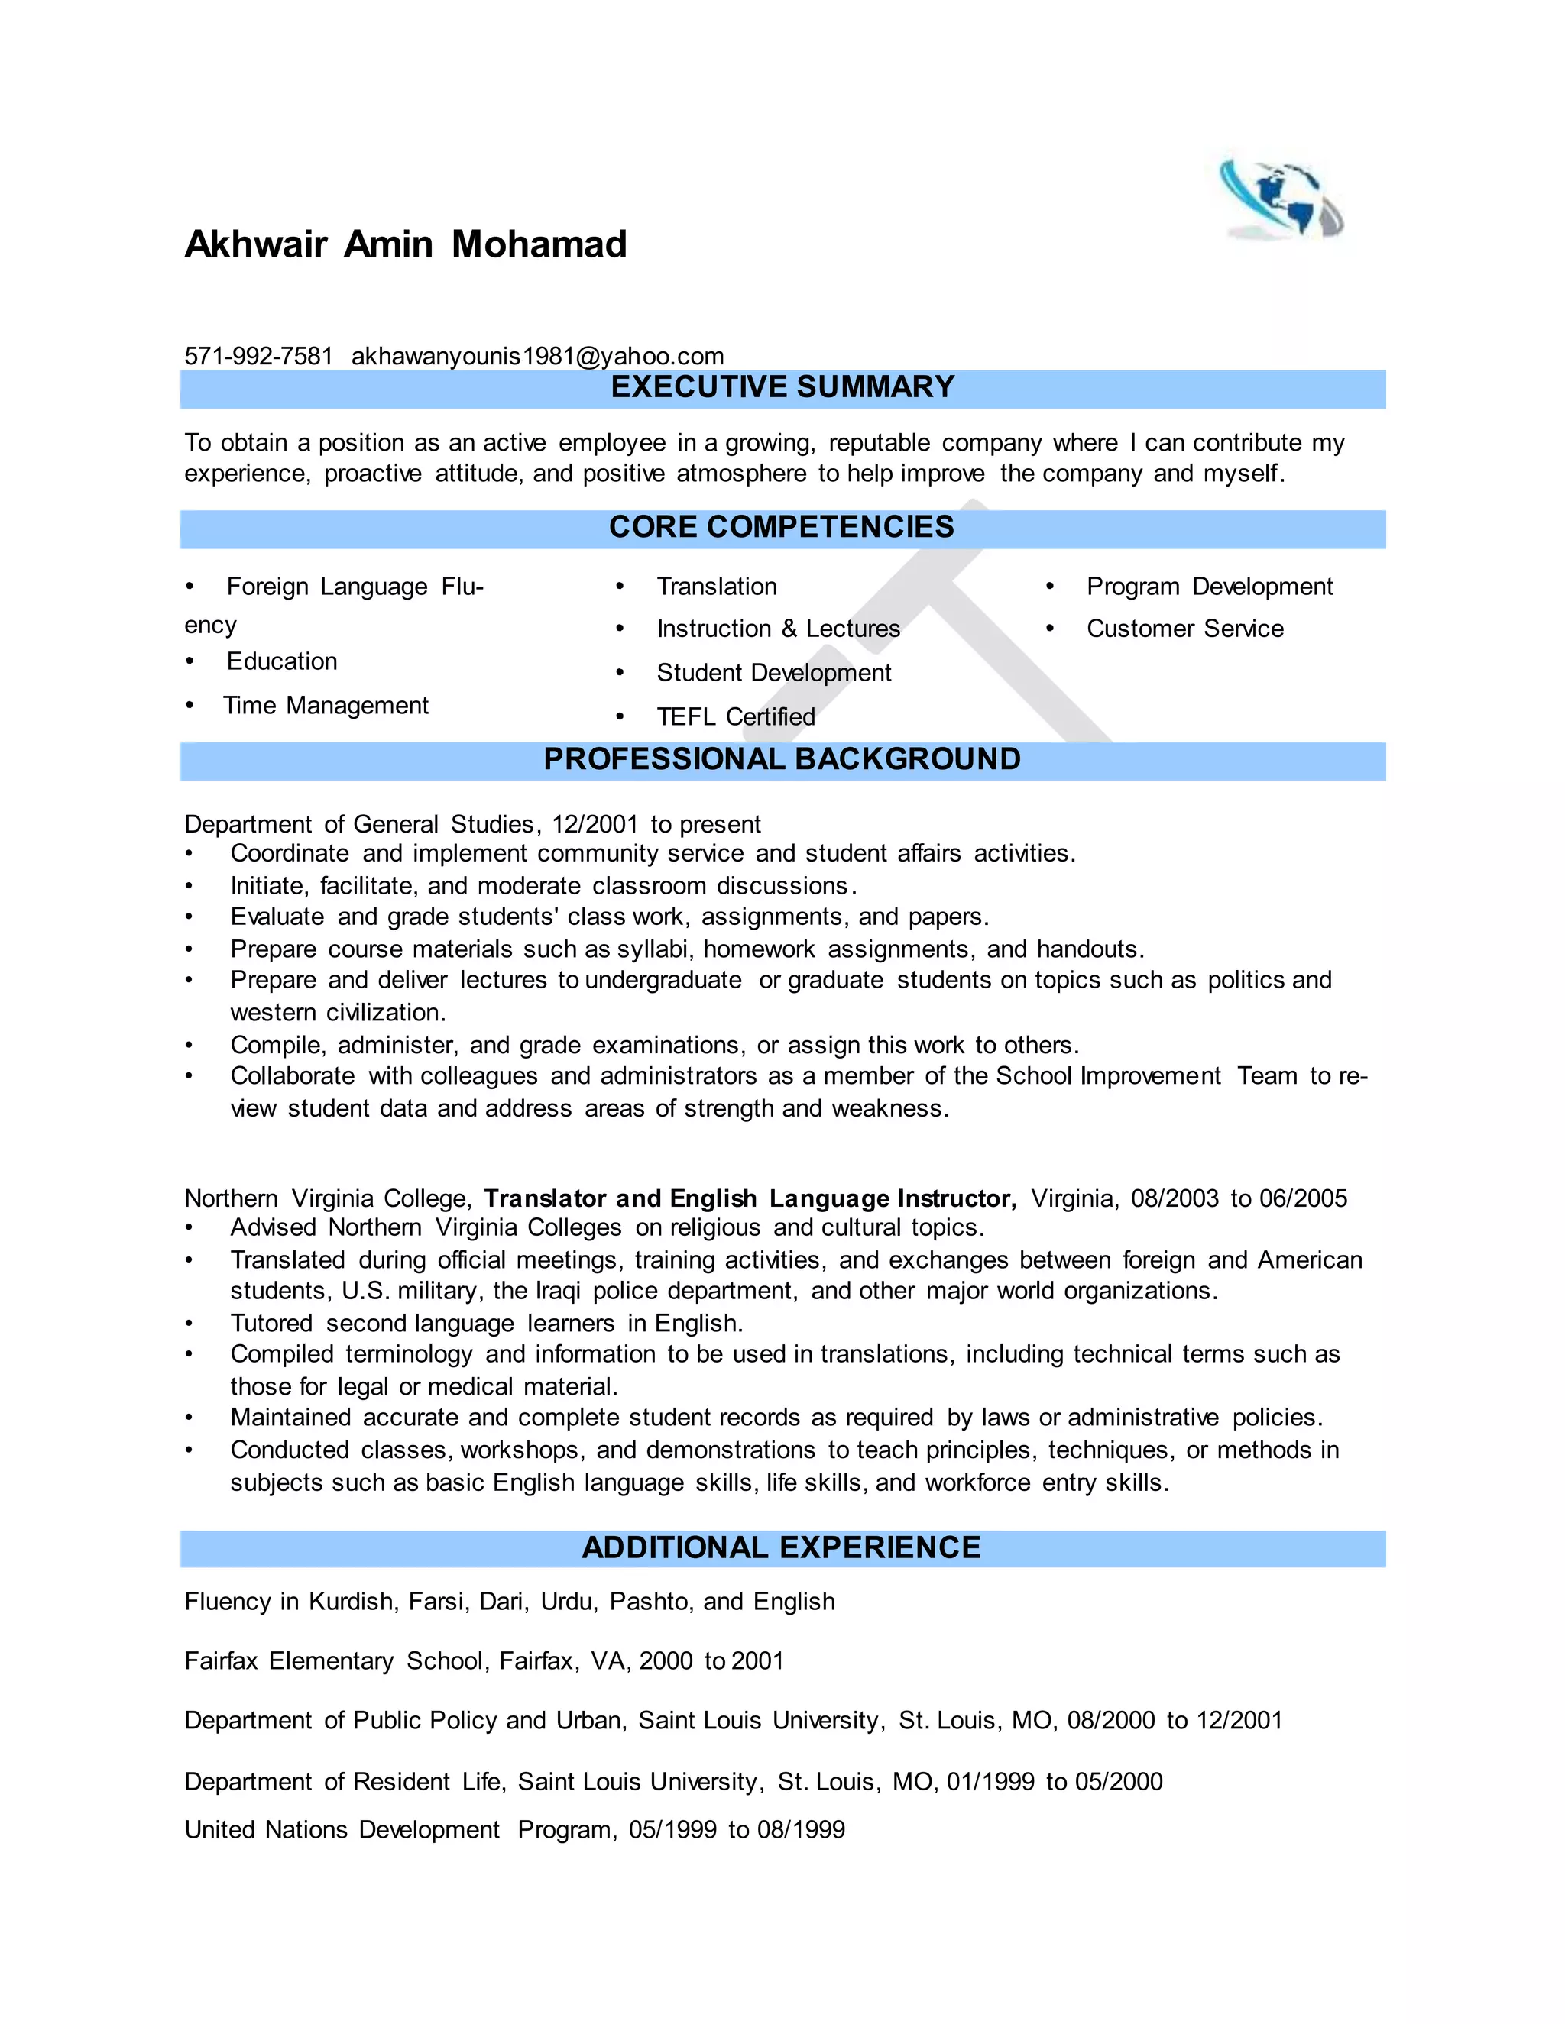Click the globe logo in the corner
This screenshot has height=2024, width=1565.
(1281, 199)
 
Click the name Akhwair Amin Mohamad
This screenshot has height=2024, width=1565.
(406, 244)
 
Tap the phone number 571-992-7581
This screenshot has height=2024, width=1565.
(259, 356)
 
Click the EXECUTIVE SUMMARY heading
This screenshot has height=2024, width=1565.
(782, 387)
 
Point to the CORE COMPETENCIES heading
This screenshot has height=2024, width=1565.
(782, 527)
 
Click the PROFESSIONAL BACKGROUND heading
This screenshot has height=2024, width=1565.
(782, 760)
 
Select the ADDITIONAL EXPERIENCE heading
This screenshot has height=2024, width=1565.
(782, 1547)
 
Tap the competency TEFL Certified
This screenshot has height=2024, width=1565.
(735, 716)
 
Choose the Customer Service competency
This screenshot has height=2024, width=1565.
(1185, 629)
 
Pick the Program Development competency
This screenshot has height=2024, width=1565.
(1209, 587)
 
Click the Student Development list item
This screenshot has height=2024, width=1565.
(773, 673)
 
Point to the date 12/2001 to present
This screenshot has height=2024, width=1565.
(656, 824)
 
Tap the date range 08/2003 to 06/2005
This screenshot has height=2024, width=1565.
(1239, 1198)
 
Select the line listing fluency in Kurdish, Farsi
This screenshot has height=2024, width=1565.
(510, 1602)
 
